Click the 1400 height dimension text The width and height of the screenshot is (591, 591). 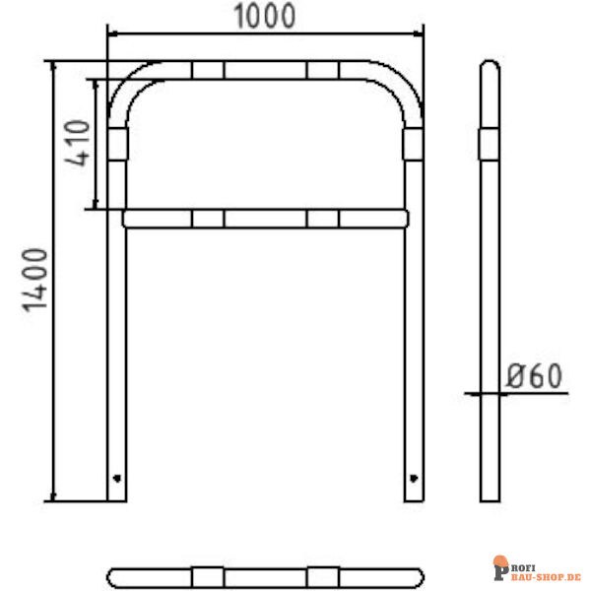click(36, 281)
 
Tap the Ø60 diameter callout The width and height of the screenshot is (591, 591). click(533, 376)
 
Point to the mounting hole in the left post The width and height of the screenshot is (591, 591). click(118, 479)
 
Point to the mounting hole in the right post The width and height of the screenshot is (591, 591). click(413, 479)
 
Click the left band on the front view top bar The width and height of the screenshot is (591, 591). click(208, 70)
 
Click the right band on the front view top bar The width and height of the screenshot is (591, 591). click(322, 70)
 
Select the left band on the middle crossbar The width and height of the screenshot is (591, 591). click(208, 218)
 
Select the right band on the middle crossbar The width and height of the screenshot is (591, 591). click(322, 218)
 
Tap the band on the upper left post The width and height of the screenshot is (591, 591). click(118, 145)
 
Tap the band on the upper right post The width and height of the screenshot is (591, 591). click(413, 145)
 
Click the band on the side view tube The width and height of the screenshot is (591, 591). click(490, 145)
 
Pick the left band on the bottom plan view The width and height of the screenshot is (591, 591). click(208, 575)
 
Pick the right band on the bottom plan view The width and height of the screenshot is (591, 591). click(322, 575)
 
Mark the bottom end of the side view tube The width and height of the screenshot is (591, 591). click(490, 495)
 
